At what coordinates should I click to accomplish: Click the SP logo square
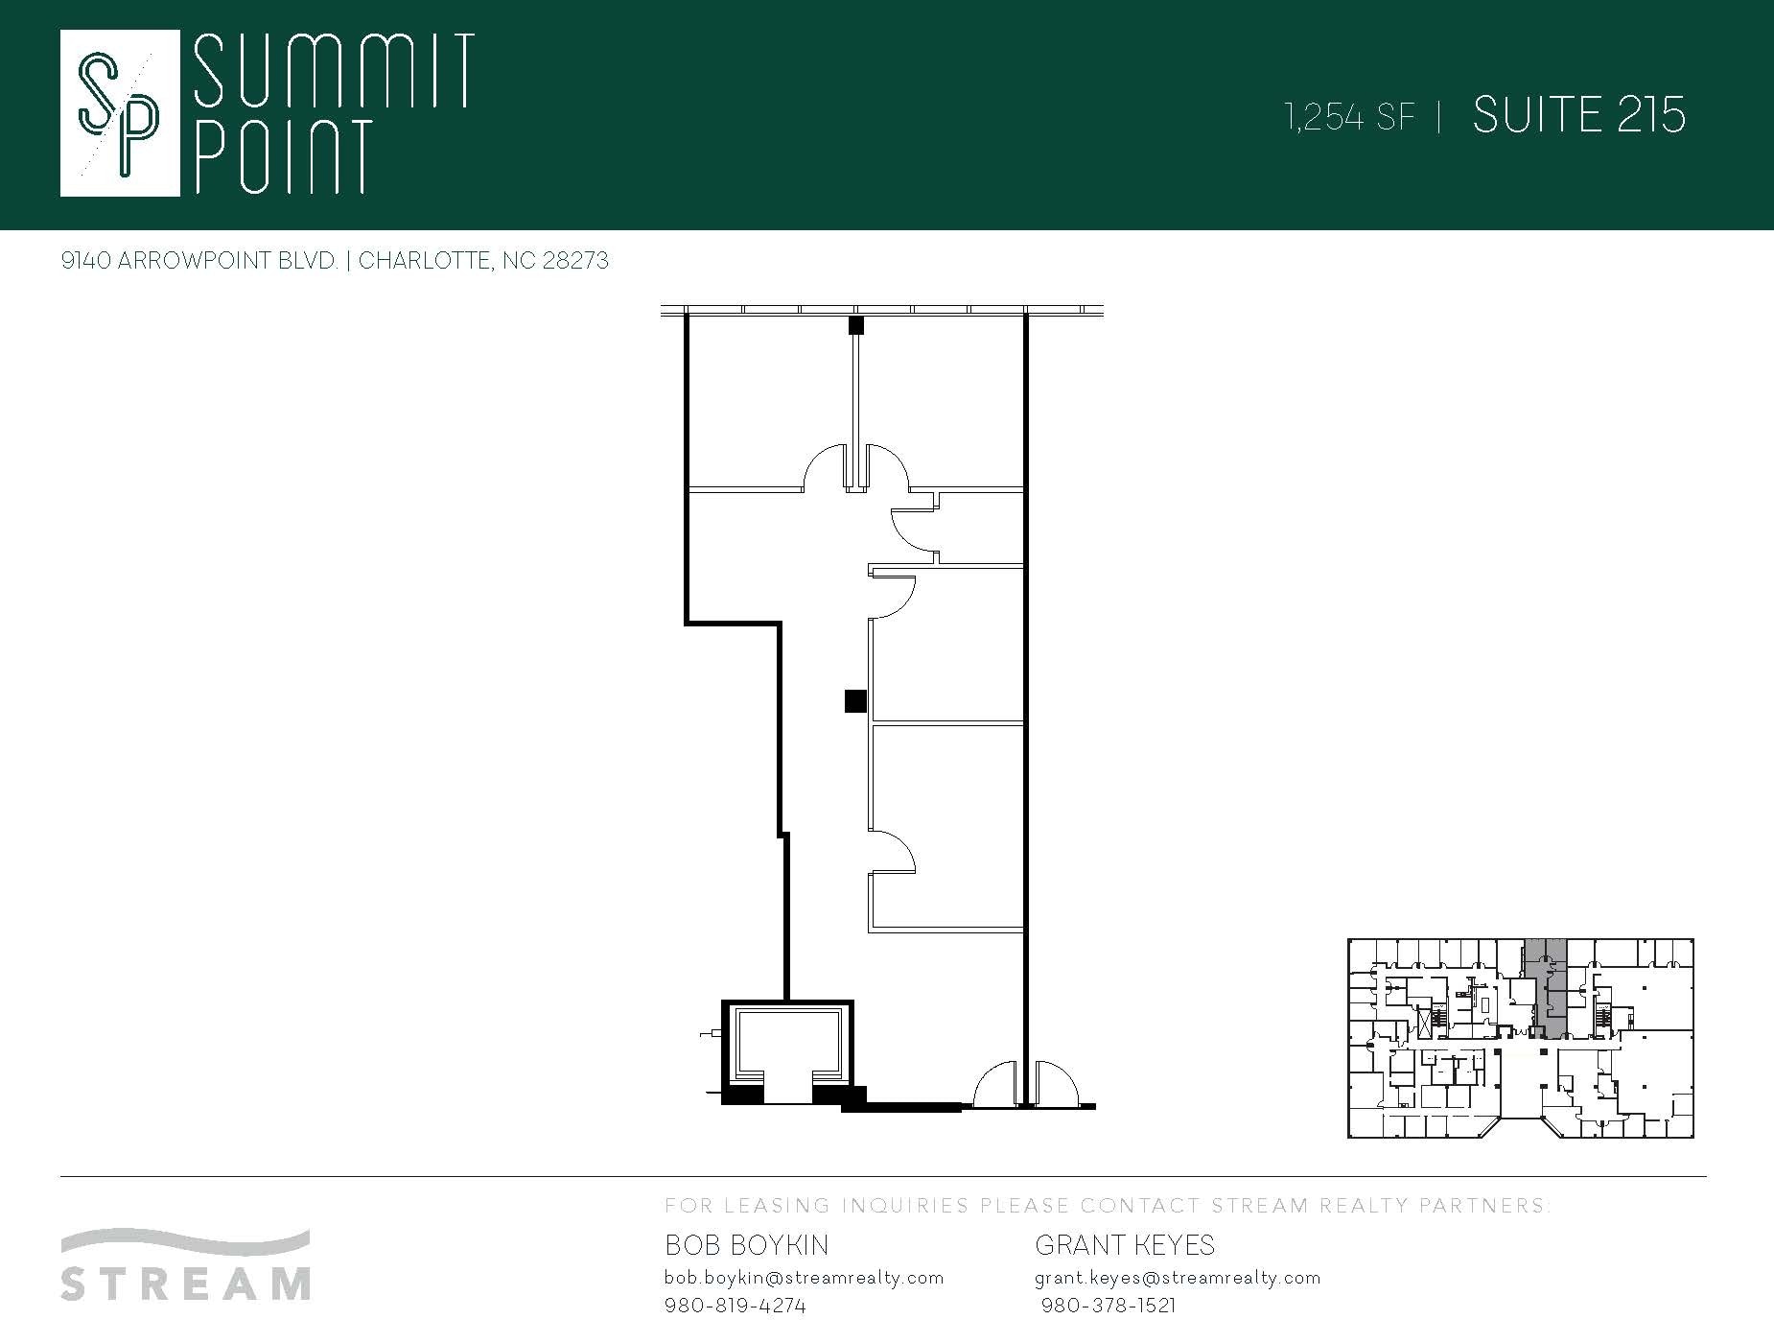click(120, 113)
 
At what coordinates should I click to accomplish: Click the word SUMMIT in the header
click(334, 70)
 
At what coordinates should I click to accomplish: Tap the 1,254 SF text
click(1350, 117)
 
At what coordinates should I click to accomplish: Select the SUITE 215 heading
click(1578, 115)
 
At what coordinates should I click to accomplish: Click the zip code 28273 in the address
click(575, 261)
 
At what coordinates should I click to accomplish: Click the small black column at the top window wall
click(855, 325)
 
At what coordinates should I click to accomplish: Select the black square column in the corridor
click(855, 701)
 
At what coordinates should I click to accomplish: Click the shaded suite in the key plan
click(1546, 988)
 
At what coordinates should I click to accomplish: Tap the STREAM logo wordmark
click(185, 1283)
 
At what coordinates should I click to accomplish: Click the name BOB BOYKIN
click(746, 1245)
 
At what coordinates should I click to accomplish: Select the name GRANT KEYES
click(1124, 1245)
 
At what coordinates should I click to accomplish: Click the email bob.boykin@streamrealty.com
click(804, 1278)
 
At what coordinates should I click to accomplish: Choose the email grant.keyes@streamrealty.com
click(1178, 1278)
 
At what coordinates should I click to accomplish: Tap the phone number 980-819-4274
click(735, 1306)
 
